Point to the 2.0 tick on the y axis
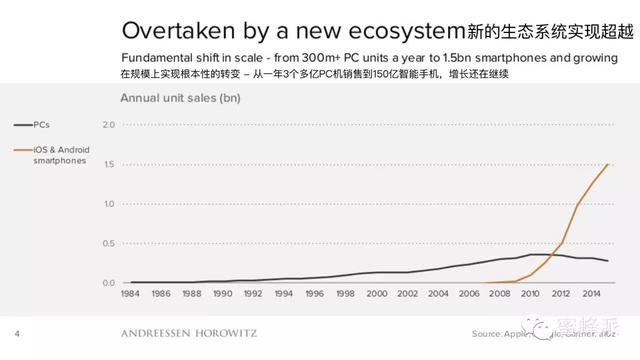[109, 125]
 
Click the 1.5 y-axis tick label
[109, 164]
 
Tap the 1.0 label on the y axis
[109, 204]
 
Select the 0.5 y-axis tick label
[109, 243]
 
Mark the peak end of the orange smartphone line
[608, 164]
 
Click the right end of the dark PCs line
[608, 261]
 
